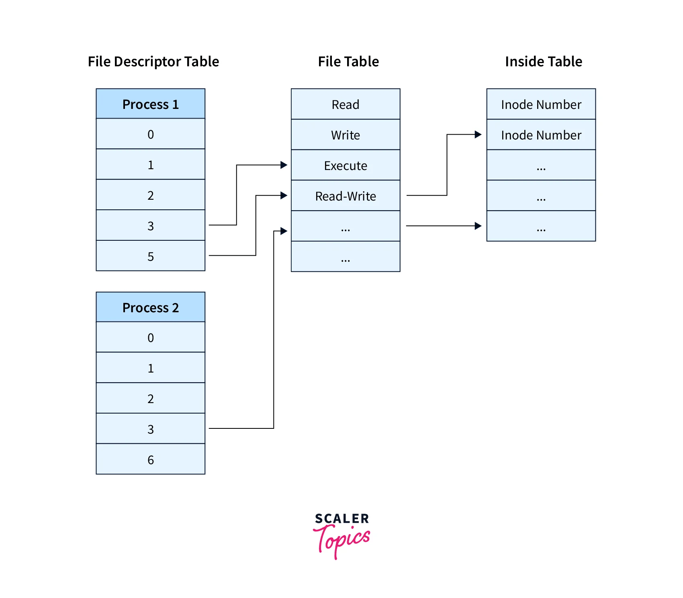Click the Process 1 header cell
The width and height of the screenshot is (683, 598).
tap(150, 104)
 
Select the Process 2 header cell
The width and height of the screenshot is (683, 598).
tap(150, 307)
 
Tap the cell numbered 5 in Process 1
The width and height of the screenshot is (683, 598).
tap(150, 256)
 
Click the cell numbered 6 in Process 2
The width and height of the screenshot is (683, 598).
tap(150, 459)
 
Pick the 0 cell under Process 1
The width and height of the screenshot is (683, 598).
tap(150, 134)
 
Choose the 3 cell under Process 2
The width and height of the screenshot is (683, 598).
tap(150, 429)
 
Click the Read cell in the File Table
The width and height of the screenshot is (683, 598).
tap(345, 104)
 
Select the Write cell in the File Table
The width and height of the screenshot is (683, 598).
tap(345, 135)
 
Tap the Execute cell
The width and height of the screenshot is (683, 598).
tap(345, 166)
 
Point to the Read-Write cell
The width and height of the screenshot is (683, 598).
tap(345, 196)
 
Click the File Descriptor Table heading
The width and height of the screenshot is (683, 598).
tap(153, 61)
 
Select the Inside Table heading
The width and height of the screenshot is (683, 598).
tap(543, 61)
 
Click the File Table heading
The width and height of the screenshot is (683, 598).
tap(348, 61)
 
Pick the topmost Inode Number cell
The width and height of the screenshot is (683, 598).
tap(541, 104)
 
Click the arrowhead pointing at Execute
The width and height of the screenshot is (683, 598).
tap(284, 165)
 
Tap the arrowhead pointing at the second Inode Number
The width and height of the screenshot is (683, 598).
tap(478, 135)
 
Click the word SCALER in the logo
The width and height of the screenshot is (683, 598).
tap(341, 518)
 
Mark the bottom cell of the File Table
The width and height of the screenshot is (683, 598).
tap(345, 257)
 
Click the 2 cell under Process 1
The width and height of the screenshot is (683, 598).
tap(150, 195)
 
